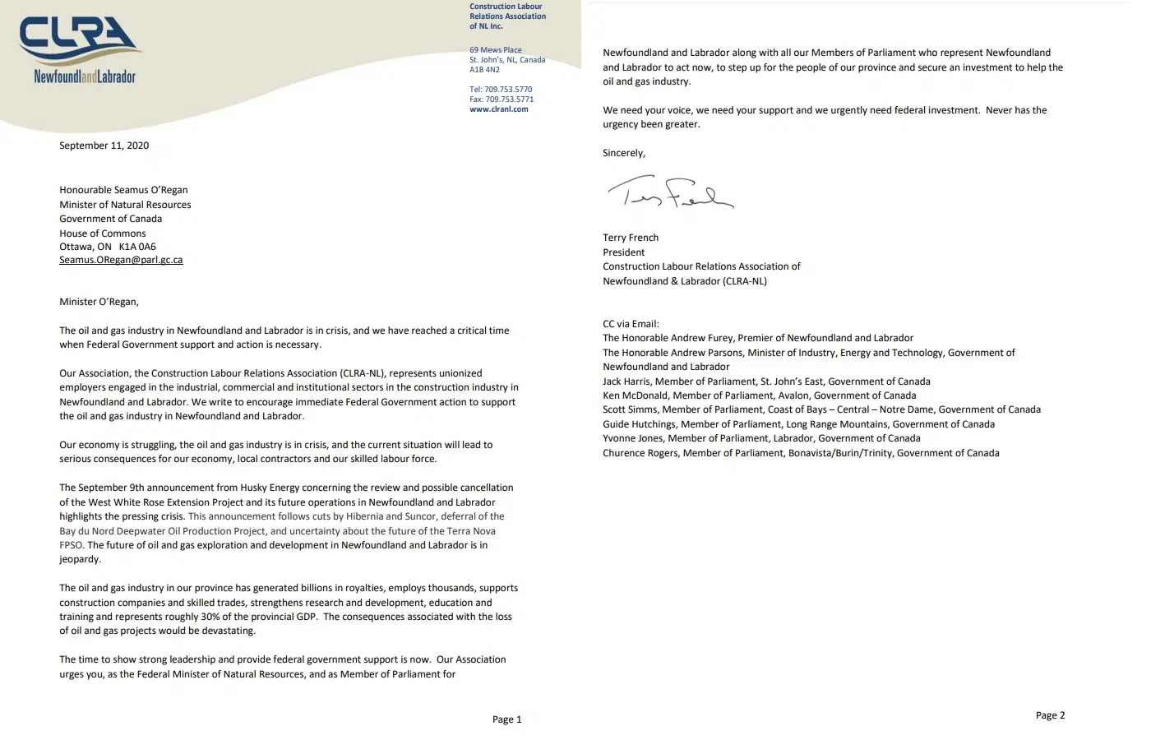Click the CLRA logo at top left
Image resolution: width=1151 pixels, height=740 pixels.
(x=80, y=49)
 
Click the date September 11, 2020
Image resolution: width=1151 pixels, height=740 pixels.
(x=104, y=146)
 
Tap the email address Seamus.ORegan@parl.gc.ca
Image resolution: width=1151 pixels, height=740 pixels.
(x=121, y=260)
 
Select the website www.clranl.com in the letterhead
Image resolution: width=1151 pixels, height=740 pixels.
(x=498, y=109)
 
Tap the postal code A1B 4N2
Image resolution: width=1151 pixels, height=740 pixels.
(x=484, y=70)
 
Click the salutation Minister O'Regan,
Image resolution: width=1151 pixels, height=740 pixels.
(x=99, y=302)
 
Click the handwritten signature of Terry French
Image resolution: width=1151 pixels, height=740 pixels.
(x=669, y=194)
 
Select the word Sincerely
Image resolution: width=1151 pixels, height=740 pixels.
(x=623, y=153)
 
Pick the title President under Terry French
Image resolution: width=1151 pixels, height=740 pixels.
(x=623, y=252)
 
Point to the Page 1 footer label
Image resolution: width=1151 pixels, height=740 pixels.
(x=506, y=719)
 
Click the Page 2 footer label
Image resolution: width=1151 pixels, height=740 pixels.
(x=1050, y=715)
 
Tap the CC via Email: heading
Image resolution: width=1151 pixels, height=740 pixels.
(x=631, y=324)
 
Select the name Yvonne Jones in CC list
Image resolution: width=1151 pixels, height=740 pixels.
(x=632, y=438)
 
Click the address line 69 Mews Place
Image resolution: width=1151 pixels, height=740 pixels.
(x=495, y=50)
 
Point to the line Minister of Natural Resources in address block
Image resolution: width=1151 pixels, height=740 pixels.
(x=125, y=205)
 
